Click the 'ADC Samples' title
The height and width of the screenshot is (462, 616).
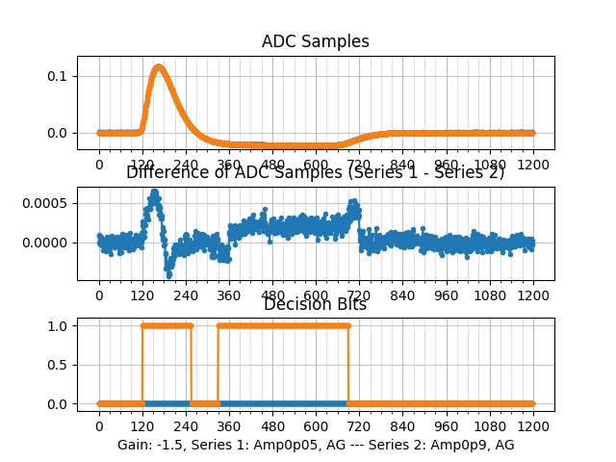(315, 42)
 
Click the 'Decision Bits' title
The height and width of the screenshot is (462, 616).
(315, 305)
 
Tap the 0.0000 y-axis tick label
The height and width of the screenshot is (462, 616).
(43, 243)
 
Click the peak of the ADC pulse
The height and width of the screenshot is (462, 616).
(158, 66)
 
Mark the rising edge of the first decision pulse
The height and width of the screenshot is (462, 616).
(142, 365)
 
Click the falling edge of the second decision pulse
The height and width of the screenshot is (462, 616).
(347, 365)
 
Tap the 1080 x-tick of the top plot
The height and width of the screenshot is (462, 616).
(490, 165)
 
